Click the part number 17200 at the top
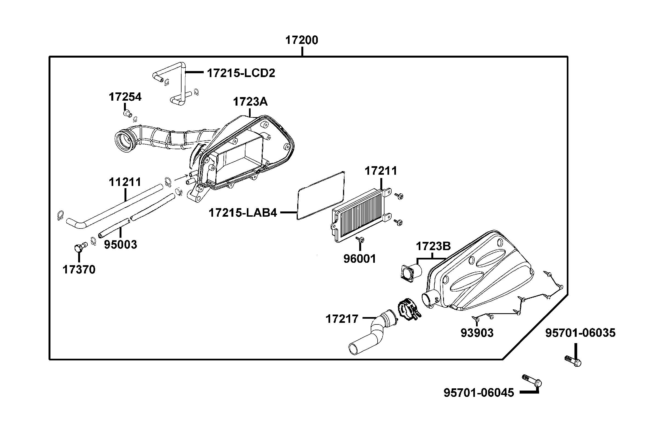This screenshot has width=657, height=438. (301, 41)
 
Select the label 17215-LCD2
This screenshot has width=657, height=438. (241, 73)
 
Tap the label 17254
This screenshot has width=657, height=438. (125, 97)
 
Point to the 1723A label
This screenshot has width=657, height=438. (250, 102)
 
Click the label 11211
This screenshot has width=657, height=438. (125, 182)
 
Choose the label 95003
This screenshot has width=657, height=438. (121, 245)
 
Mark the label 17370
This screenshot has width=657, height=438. (79, 270)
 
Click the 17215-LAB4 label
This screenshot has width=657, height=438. (243, 213)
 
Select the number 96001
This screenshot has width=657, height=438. (360, 259)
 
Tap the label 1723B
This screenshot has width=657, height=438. (433, 246)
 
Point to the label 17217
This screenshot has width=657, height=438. (342, 319)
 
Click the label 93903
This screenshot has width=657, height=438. (477, 333)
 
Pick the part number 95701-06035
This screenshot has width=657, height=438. (580, 333)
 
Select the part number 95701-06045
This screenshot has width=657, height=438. (478, 393)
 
